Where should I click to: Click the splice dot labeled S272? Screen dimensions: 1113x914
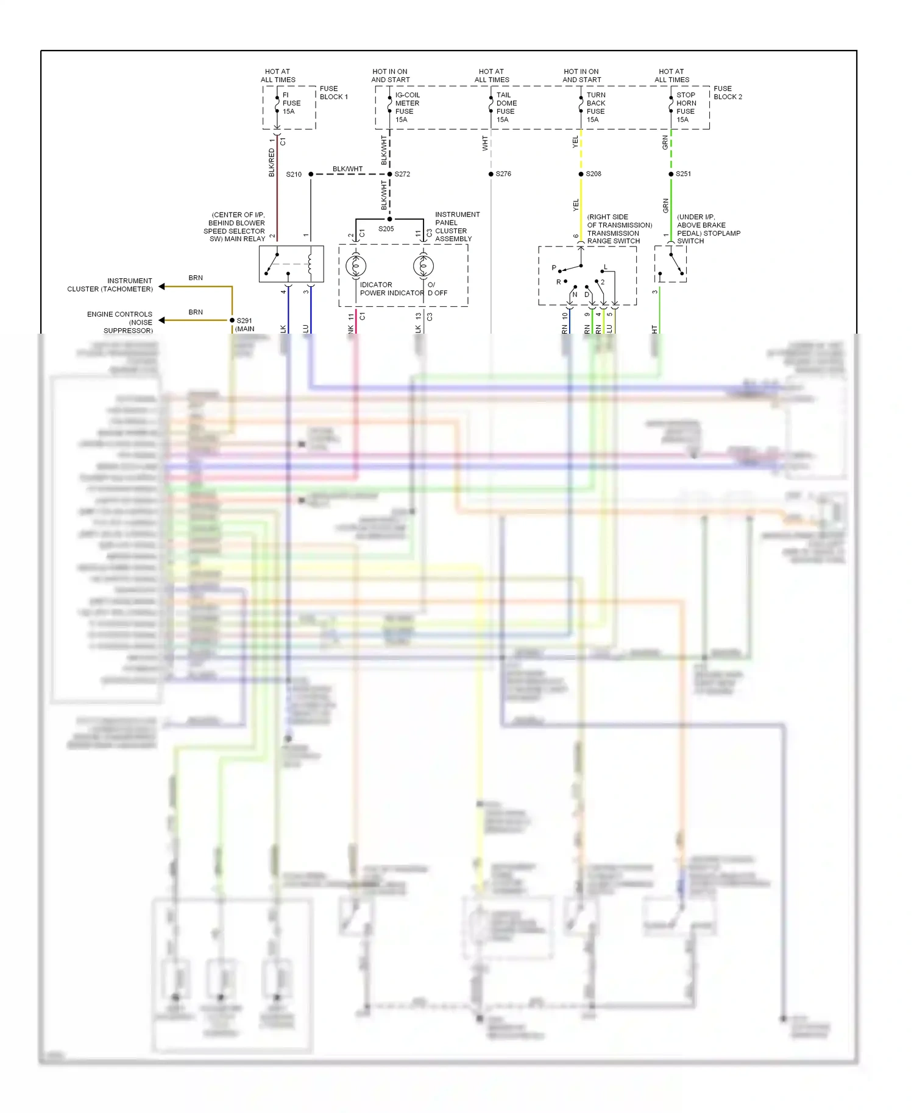point(390,174)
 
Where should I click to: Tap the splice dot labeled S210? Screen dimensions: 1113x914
point(311,174)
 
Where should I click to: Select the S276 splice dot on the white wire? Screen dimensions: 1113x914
point(491,174)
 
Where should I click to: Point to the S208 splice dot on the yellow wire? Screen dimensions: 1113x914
point(581,174)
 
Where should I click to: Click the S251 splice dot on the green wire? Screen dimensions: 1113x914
point(671,174)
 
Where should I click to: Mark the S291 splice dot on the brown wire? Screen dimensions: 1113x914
point(232,320)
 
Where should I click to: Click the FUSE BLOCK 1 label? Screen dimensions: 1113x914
point(333,93)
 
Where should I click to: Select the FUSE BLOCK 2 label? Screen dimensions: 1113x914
point(728,93)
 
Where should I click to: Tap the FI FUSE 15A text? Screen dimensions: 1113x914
point(291,104)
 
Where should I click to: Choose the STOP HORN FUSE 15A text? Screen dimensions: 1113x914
point(686,107)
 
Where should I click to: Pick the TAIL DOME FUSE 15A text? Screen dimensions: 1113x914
point(506,107)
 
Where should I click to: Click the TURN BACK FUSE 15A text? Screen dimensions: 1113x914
point(596,107)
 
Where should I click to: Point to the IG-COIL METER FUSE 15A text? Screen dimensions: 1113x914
point(407,107)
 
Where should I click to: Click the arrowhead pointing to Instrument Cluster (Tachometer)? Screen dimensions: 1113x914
point(162,286)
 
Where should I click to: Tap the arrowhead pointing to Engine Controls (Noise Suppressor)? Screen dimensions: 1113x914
point(162,320)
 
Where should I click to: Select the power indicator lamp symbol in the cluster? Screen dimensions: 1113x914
point(356,266)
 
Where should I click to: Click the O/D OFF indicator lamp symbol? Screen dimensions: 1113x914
point(423,266)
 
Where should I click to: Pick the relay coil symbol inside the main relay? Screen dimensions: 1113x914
point(310,264)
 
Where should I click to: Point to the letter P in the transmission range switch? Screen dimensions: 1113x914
point(554,268)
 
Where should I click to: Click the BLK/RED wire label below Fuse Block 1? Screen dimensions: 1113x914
point(272,163)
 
